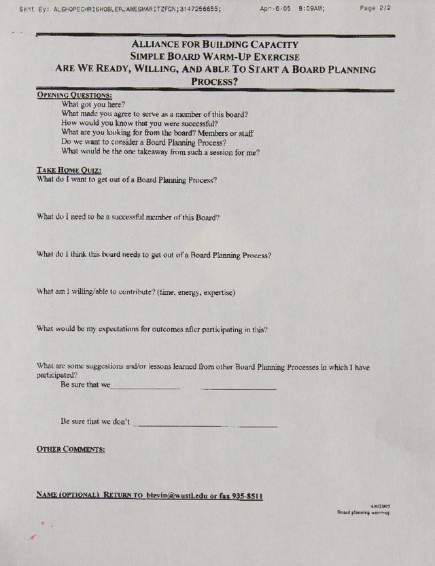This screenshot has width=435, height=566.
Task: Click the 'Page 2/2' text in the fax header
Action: [375, 9]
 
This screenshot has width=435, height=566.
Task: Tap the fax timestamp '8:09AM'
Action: [311, 9]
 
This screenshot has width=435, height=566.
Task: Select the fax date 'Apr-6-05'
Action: [275, 9]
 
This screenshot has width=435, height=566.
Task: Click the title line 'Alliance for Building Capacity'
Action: [215, 45]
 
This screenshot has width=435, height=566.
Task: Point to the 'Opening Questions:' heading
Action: [74, 95]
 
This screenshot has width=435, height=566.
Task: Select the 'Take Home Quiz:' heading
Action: [69, 171]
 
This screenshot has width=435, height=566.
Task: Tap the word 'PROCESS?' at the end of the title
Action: [215, 82]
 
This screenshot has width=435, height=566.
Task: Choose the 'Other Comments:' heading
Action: [71, 449]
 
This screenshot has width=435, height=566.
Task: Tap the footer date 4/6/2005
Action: [380, 506]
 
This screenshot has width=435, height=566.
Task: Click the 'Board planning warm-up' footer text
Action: [363, 513]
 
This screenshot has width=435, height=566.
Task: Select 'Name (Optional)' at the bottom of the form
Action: [68, 496]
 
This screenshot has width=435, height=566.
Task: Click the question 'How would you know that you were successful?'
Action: [139, 124]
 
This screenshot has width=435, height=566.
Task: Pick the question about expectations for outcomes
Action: [152, 330]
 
